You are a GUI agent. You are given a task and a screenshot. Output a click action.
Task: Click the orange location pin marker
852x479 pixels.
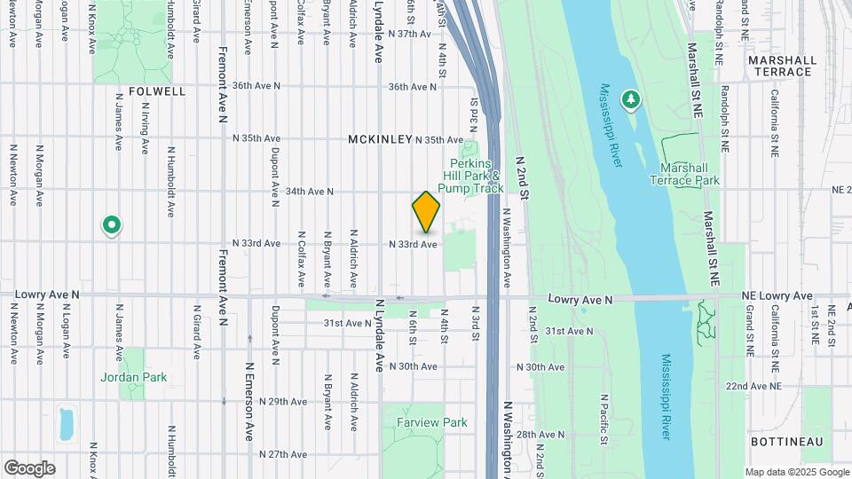coord(426,213)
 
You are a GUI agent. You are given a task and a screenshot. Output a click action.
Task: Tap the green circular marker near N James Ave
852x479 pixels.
coord(111,226)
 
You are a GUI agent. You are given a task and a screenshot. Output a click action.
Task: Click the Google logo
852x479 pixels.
coord(29,468)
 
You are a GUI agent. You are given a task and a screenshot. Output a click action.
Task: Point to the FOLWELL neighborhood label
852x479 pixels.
coord(157,91)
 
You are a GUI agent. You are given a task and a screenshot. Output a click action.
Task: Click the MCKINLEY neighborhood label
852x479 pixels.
coord(380,140)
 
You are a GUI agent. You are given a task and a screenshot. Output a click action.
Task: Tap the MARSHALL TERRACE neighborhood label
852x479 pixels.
coord(782,67)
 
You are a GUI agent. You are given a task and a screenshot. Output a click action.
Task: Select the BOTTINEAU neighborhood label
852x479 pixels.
coord(786,442)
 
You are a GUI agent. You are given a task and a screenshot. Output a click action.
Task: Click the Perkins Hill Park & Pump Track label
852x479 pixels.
coord(477,176)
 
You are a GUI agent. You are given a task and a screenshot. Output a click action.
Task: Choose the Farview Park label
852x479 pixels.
coord(432,422)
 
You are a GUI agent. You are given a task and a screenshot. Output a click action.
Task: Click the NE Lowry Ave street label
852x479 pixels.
coord(777,295)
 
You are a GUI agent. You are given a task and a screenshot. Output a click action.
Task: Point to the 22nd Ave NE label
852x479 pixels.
coord(753,387)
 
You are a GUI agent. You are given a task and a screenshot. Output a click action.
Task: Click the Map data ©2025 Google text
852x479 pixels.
coord(796,472)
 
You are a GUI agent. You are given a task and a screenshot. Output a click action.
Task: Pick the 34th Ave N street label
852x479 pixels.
coord(309,191)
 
